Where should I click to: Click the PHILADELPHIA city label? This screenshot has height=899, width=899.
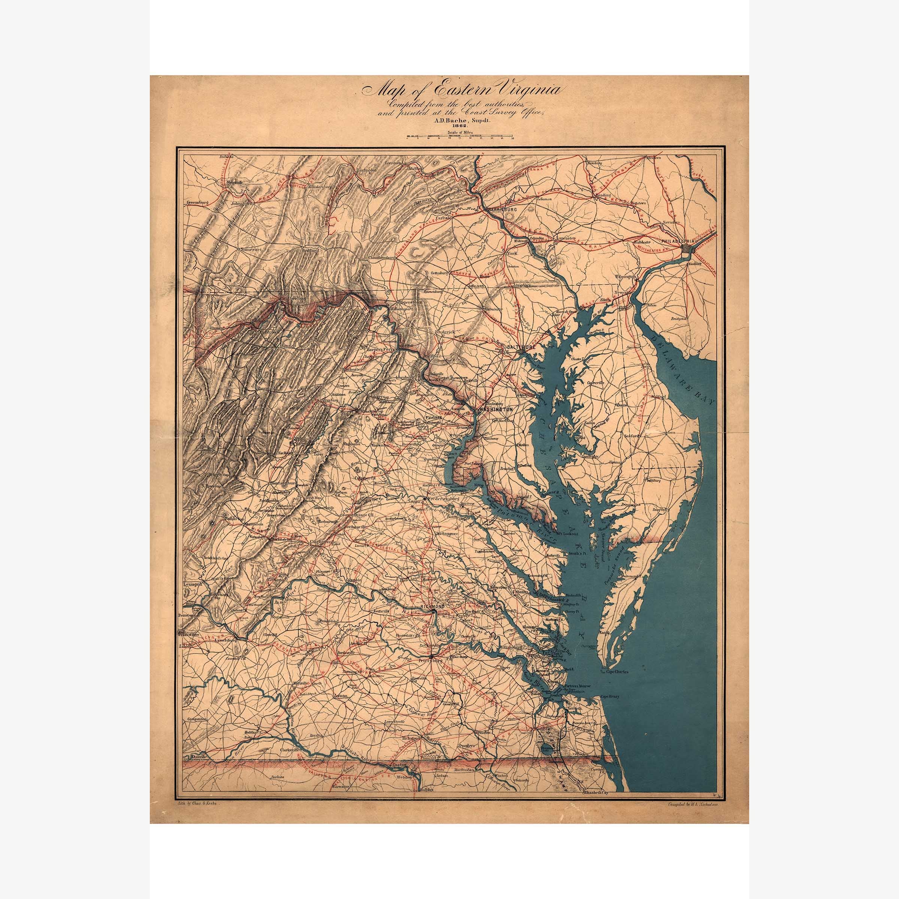pos(677,242)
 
